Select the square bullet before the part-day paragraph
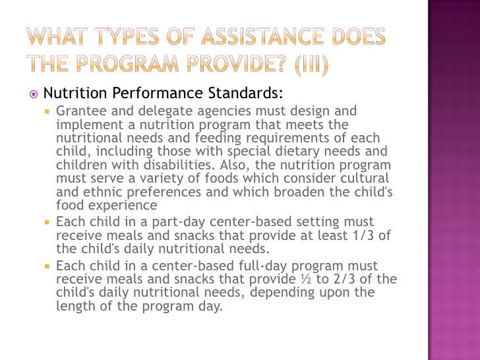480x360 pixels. [47, 222]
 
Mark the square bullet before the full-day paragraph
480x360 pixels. [47, 266]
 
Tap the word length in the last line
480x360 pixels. [75, 307]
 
